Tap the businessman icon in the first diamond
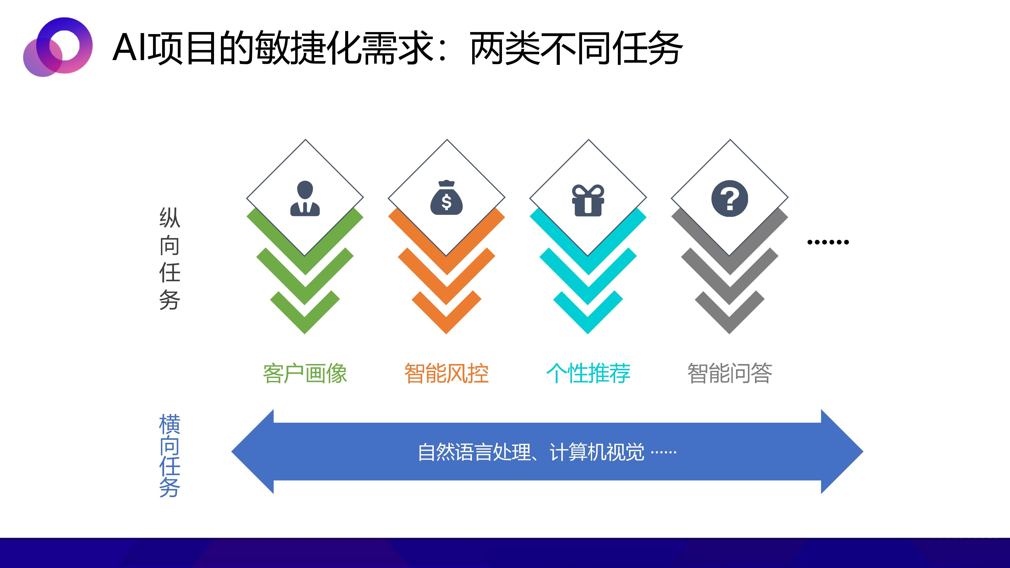pos(305,198)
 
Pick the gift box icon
pos(588,200)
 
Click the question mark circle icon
pos(730,198)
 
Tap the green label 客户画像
pos(305,373)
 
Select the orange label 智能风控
pos(447,373)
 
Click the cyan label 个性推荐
pos(588,373)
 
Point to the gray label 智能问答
pos(730,373)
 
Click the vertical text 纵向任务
pos(170,259)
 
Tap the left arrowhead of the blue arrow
pos(253,452)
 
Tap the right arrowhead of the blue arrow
pos(842,452)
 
